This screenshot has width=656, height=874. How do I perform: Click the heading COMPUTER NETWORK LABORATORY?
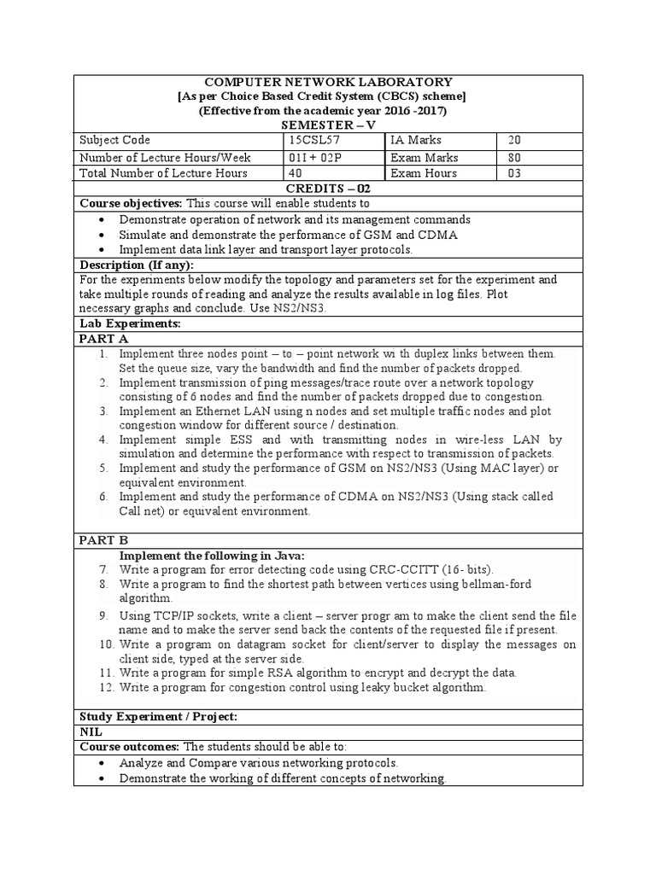[328, 81]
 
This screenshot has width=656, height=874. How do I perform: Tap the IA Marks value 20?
[514, 140]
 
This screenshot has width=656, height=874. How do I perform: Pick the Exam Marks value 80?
[514, 157]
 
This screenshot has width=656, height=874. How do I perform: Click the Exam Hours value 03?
[514, 173]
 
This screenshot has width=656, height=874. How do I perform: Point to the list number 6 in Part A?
[102, 496]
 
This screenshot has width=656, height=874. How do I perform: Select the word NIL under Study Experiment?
[91, 731]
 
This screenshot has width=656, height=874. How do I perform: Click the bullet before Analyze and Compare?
[102, 763]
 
